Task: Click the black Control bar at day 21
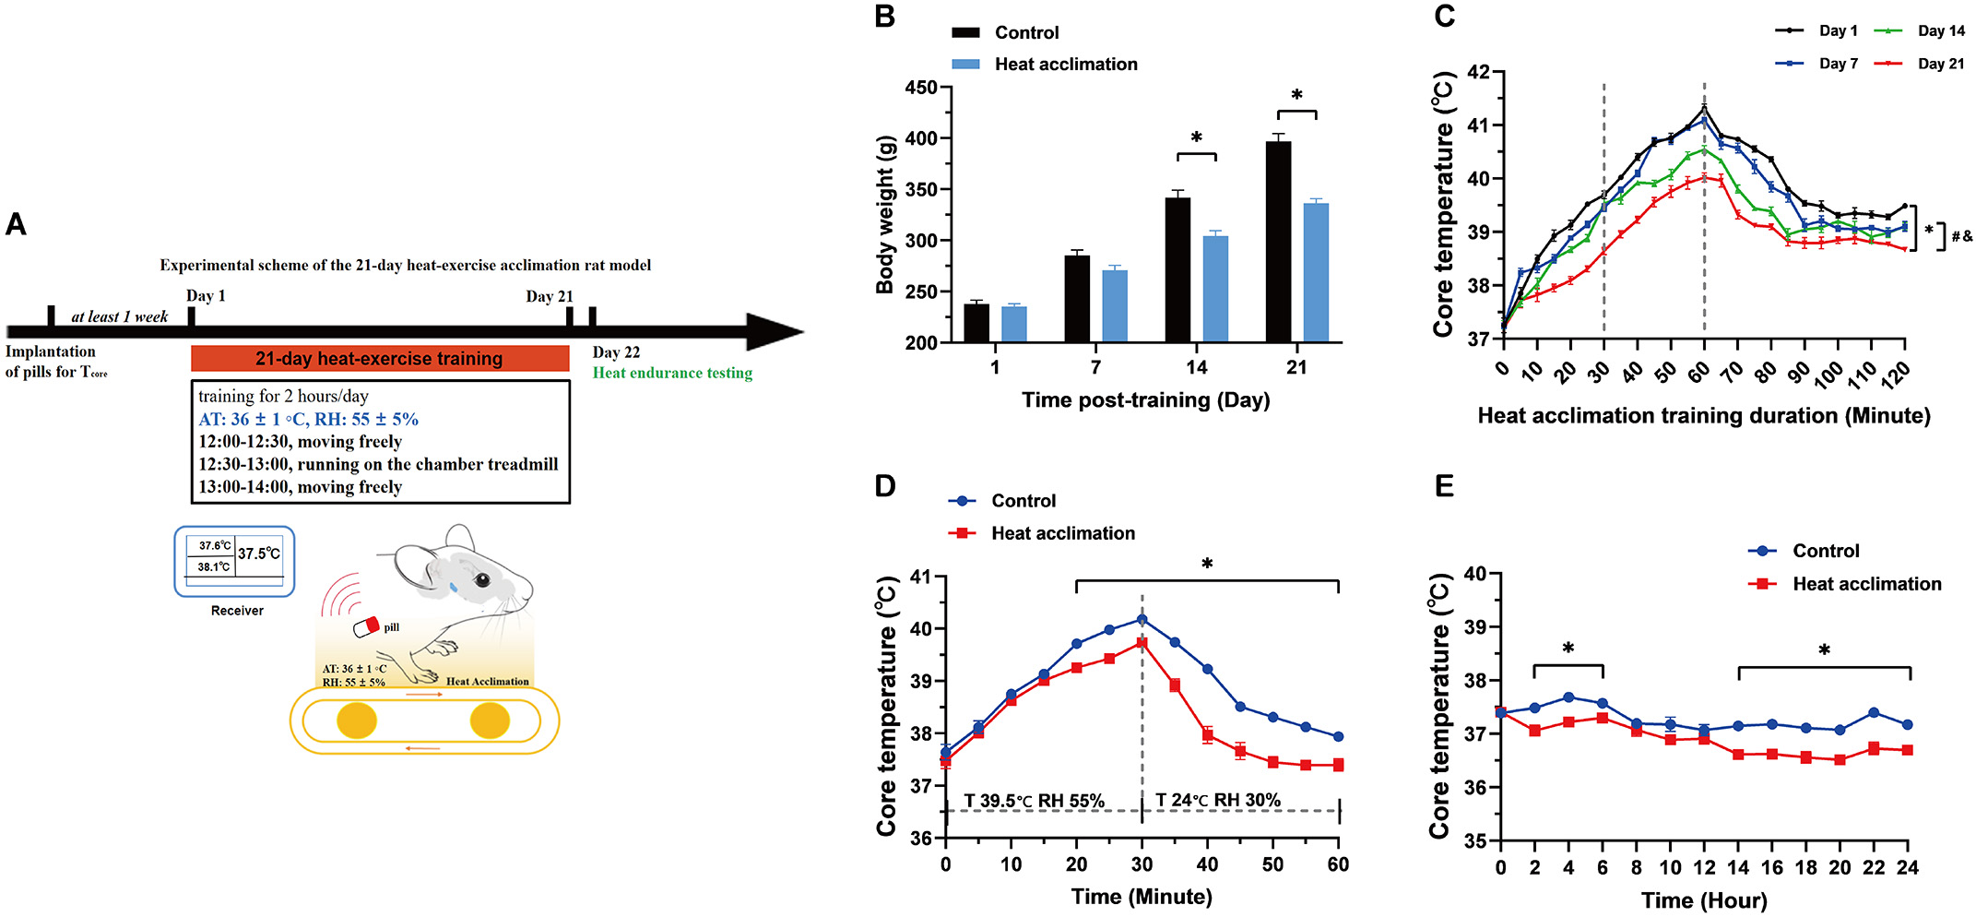pos(1278,242)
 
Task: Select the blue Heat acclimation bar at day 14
pos(1215,289)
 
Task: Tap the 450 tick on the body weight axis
pos(921,88)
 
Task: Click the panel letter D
pos(885,486)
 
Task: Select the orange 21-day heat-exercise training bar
pos(379,359)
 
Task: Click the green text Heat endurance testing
pos(672,373)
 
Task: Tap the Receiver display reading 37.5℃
pos(259,554)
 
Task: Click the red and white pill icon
pos(367,627)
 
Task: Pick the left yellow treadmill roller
pos(357,720)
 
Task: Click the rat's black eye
pos(482,580)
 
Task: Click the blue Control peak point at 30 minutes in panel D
pos(1142,619)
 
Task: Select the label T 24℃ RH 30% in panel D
pos(1217,801)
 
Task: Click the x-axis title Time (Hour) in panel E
pos(1703,900)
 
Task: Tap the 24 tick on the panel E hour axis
pos(1907,867)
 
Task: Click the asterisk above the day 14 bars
pos(1196,138)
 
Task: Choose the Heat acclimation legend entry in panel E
pos(1865,584)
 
